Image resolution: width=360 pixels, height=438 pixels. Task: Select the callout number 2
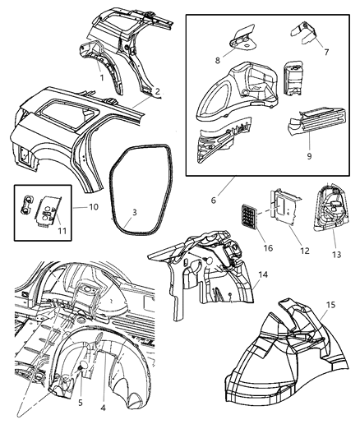point(156,92)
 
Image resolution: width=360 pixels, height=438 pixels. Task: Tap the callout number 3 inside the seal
point(134,213)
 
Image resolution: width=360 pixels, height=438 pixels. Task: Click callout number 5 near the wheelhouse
point(81,403)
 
